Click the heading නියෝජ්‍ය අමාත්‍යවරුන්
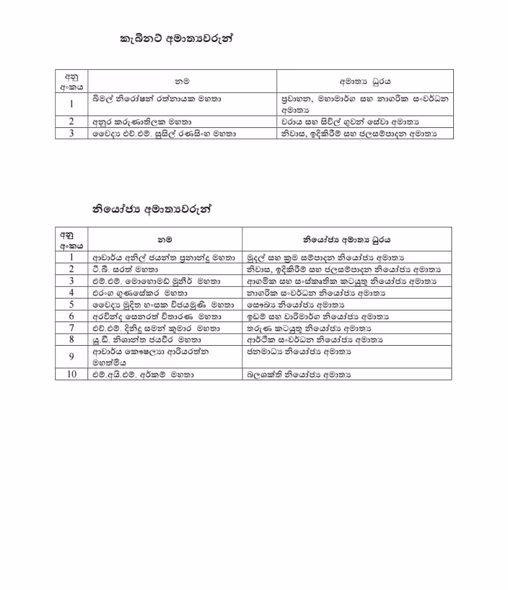click(152, 210)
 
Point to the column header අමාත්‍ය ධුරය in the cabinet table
click(365, 82)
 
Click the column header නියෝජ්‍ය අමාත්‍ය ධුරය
click(347, 239)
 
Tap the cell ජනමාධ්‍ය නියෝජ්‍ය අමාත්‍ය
click(299, 351)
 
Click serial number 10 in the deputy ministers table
click(71, 375)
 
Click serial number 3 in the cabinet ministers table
click(71, 133)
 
